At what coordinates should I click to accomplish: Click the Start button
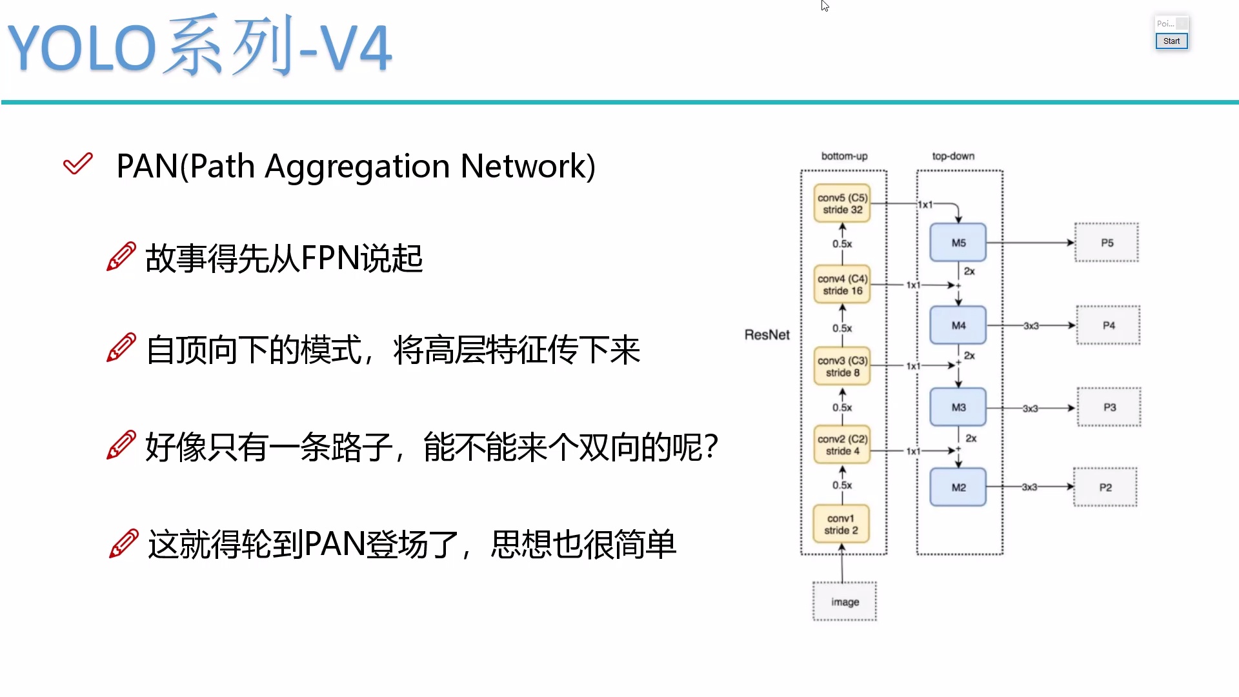[1171, 41]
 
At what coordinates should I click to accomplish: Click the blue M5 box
[958, 243]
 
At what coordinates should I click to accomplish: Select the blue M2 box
[958, 487]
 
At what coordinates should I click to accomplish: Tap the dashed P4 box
[1108, 325]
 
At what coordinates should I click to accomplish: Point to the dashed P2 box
[1105, 487]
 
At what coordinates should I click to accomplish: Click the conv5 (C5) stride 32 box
[842, 203]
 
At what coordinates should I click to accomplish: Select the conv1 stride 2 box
[841, 524]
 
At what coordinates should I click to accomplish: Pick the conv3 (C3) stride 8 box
[842, 367]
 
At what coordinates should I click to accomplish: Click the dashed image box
[845, 601]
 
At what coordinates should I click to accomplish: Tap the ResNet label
[767, 334]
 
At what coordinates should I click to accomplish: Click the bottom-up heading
[844, 156]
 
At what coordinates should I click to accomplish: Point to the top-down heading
[953, 156]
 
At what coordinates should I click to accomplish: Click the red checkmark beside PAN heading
[78, 164]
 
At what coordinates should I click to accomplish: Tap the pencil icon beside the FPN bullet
[121, 257]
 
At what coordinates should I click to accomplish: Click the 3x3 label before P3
[1031, 409]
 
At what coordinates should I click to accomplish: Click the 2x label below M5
[969, 271]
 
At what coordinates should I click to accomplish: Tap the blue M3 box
[958, 407]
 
